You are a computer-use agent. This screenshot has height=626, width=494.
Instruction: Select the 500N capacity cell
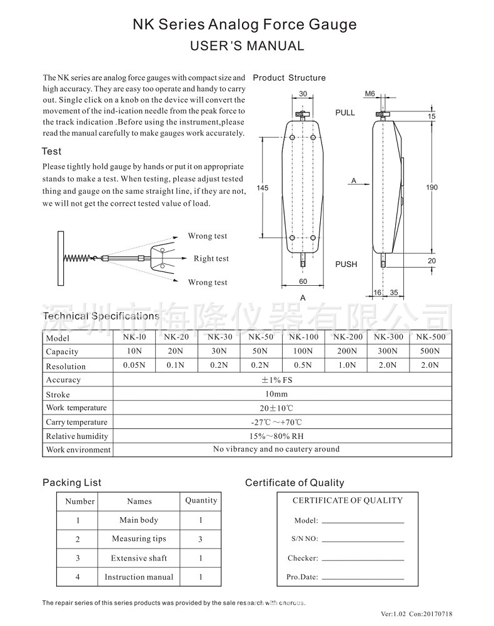pyautogui.click(x=431, y=351)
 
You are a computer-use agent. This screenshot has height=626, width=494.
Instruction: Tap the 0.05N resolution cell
pyautogui.click(x=134, y=365)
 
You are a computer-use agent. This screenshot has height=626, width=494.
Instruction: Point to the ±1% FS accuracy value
pyautogui.click(x=282, y=380)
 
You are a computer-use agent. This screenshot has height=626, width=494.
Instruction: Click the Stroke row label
pyautogui.click(x=58, y=395)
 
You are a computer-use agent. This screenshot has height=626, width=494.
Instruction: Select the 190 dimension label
pyautogui.click(x=431, y=188)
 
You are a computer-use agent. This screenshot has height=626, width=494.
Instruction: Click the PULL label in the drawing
pyautogui.click(x=345, y=113)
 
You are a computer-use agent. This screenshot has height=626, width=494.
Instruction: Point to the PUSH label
pyautogui.click(x=346, y=265)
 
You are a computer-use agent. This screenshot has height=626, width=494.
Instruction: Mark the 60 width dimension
pyautogui.click(x=303, y=282)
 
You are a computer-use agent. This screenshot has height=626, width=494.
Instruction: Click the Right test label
pyautogui.click(x=211, y=259)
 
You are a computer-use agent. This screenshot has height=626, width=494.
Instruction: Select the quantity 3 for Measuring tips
pyautogui.click(x=201, y=539)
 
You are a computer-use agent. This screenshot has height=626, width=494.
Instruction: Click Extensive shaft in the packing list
pyautogui.click(x=139, y=558)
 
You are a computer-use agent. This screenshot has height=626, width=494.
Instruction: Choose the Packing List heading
pyautogui.click(x=72, y=483)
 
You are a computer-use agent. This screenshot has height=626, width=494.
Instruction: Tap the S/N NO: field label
pyautogui.click(x=305, y=539)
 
